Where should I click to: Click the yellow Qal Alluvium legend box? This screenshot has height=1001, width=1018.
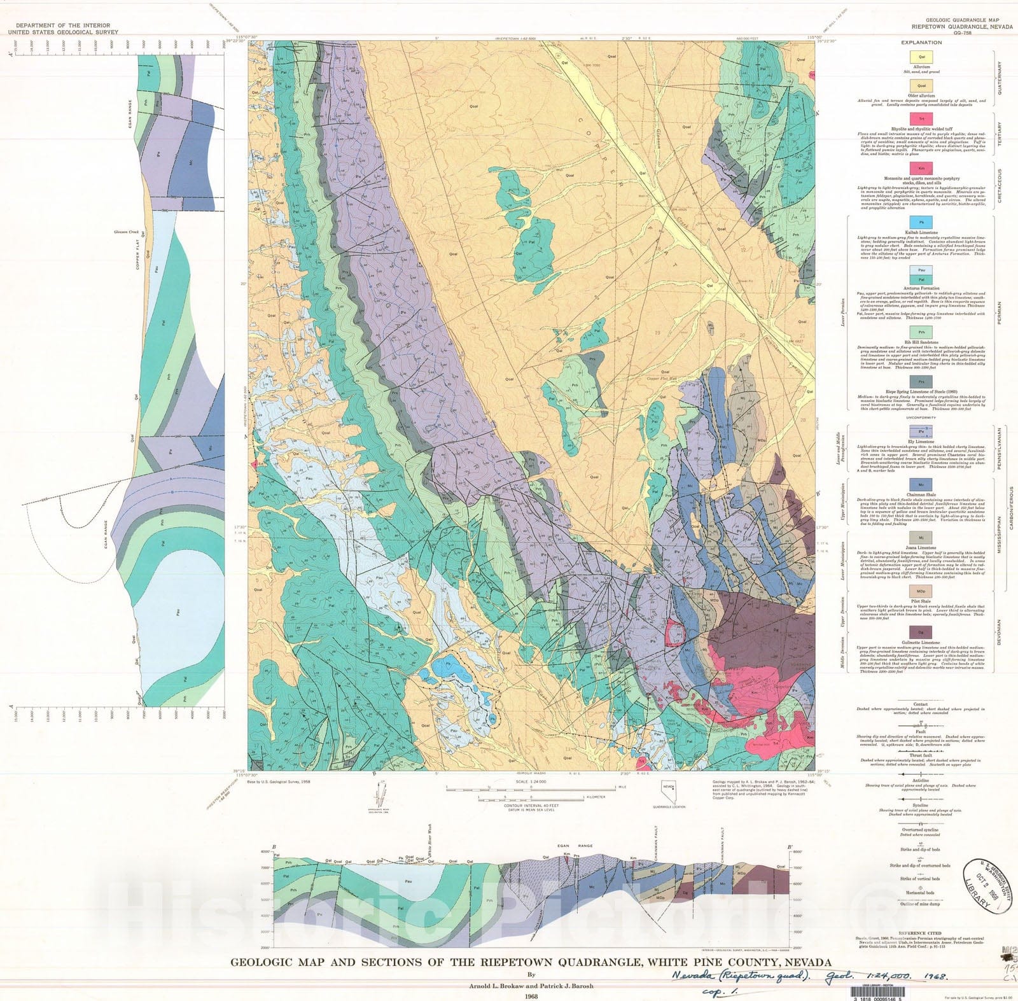[921, 57]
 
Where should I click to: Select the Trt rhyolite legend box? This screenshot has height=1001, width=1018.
[921, 119]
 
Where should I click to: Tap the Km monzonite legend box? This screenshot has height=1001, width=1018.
[921, 169]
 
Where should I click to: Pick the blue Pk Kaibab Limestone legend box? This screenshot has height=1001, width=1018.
[921, 223]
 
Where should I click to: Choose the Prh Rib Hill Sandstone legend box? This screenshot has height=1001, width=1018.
[921, 332]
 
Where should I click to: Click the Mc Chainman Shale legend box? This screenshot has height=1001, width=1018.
[921, 485]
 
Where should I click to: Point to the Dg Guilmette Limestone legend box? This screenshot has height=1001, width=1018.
[921, 632]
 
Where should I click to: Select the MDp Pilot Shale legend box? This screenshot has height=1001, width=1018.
[921, 592]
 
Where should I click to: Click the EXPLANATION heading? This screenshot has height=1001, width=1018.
[921, 43]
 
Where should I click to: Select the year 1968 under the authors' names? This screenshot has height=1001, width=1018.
[531, 996]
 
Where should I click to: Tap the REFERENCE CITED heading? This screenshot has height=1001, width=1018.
[921, 933]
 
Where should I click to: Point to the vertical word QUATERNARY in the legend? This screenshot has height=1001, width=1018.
[999, 78]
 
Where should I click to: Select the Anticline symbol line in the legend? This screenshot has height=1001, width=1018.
[921, 774]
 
